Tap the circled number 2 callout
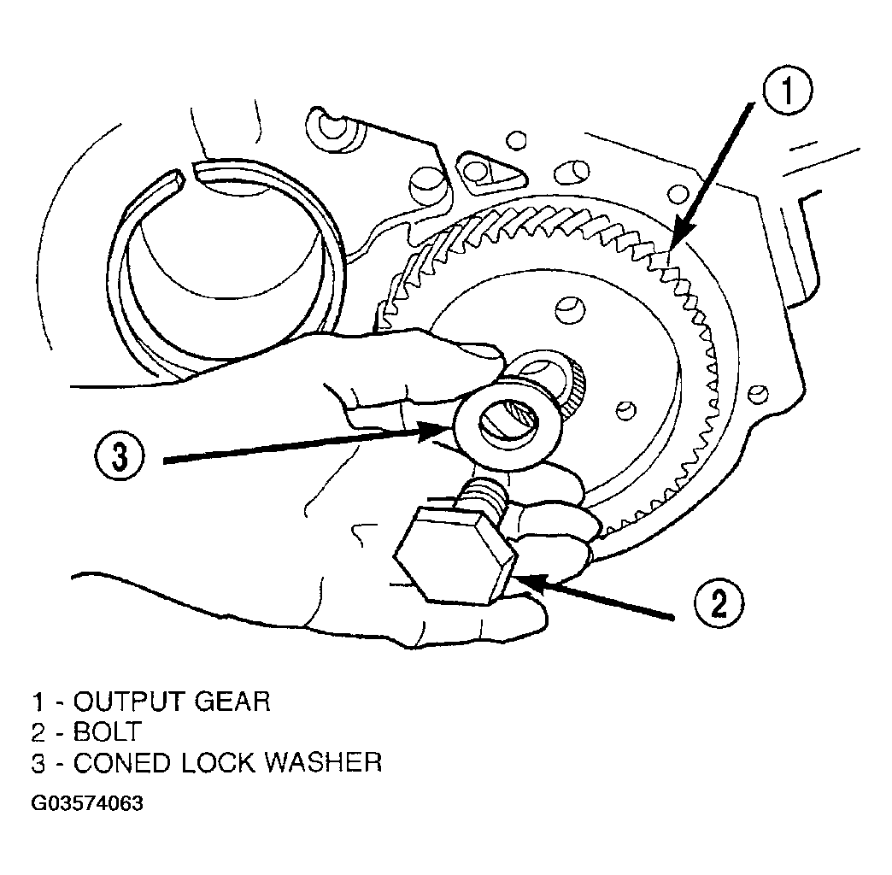pos(719,603)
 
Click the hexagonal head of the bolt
pos(455,554)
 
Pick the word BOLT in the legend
pos(107,731)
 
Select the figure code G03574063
pos(87,803)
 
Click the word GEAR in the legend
pos(232,702)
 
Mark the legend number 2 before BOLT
pos(38,732)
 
